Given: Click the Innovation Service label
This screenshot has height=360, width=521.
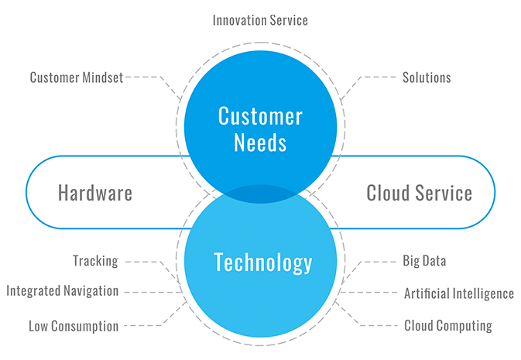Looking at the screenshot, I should click(260, 20).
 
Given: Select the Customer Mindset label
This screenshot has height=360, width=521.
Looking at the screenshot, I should click(77, 77).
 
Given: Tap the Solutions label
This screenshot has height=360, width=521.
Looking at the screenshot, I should click(427, 77).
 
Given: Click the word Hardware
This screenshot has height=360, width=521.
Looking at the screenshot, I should click(95, 193).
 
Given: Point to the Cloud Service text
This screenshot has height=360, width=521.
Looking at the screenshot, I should click(419, 193).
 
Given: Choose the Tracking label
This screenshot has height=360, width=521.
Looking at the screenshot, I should click(95, 261).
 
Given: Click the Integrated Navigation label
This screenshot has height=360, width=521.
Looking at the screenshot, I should click(63, 291).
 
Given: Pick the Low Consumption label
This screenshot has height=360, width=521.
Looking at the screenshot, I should click(74, 326).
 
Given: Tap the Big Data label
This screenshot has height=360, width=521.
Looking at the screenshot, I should click(424, 261).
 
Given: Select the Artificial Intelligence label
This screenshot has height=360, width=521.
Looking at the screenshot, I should click(459, 293).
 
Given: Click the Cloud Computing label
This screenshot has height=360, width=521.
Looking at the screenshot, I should click(448, 326).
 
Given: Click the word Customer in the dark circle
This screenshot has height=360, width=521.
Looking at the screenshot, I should click(260, 117).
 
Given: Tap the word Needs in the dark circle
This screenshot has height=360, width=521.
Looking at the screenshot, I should click(260, 143).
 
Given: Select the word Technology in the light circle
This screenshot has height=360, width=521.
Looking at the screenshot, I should click(262, 262).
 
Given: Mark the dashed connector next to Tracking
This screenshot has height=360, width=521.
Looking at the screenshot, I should click(143, 261).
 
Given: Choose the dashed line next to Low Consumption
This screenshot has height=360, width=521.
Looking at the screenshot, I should click(147, 326).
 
